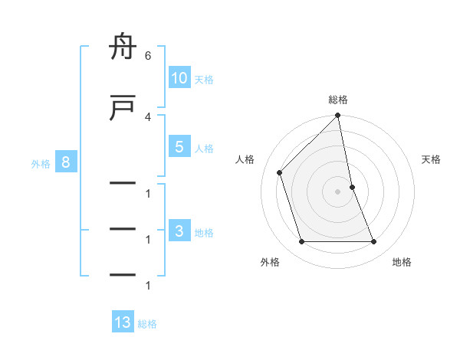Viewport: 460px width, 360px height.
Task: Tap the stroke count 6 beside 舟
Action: point(147,56)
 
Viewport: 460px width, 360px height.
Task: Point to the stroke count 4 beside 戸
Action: point(147,116)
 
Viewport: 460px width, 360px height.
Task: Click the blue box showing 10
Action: point(179,78)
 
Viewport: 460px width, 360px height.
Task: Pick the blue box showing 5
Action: point(179,147)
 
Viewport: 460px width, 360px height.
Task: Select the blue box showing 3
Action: point(179,232)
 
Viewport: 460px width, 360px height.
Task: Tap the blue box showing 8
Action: point(67,162)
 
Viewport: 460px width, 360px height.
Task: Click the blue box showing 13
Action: point(123,322)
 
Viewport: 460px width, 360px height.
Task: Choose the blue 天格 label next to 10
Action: point(204,80)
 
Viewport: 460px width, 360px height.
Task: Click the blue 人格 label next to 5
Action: point(204,149)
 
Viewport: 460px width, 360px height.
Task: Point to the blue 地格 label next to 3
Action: point(204,233)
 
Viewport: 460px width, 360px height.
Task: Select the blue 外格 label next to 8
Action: point(41,163)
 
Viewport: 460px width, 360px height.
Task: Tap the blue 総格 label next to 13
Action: point(147,324)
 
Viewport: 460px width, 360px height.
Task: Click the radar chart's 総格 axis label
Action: point(338,100)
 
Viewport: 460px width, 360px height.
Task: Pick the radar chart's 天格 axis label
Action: point(432,159)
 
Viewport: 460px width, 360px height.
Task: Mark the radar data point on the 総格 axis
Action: point(338,116)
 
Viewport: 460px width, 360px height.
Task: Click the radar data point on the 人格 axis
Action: point(279,172)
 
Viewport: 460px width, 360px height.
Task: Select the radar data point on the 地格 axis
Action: point(374,242)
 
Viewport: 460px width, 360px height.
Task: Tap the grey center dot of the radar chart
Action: point(338,191)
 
